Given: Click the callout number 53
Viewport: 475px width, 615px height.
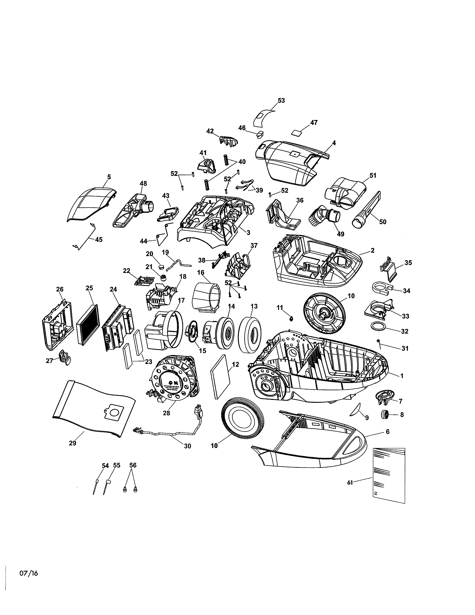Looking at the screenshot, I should point(281,100).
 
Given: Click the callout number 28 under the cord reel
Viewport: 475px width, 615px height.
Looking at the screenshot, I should point(166,413).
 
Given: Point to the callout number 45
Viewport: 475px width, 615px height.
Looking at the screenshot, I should point(99,240).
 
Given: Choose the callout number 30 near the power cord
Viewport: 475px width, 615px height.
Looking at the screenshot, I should point(187,446).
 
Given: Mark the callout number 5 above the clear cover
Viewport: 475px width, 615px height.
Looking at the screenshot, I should point(109,177).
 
